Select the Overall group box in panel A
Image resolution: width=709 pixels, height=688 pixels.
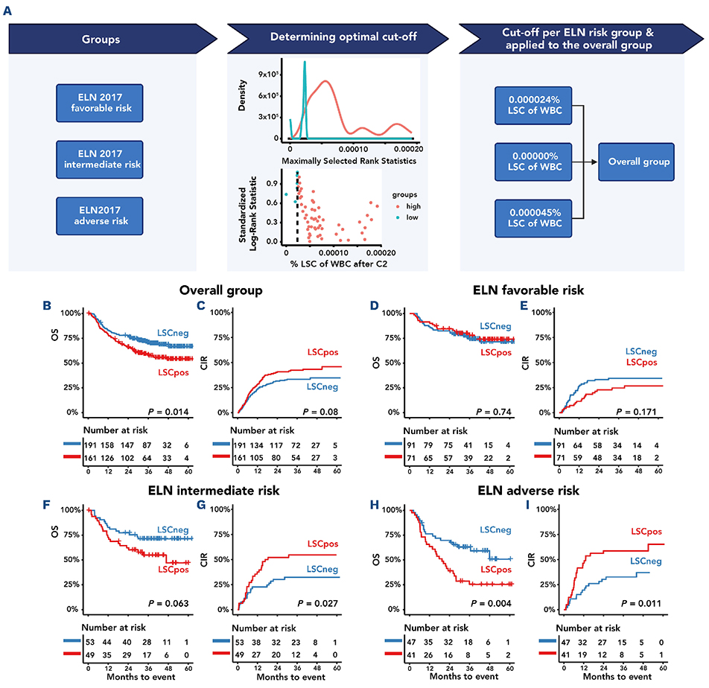point(640,161)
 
